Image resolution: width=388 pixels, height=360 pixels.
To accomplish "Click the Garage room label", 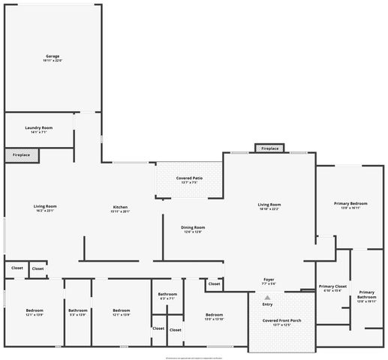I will click(52, 56).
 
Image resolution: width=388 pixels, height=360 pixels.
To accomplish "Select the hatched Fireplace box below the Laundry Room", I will click(21, 155).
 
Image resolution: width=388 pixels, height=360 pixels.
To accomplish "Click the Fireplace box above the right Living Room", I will click(269, 148).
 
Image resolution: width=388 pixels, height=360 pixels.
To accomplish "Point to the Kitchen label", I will click(120, 207).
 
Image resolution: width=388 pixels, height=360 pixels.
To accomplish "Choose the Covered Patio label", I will click(189, 178).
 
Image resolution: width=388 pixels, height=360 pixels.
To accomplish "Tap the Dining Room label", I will click(194, 227).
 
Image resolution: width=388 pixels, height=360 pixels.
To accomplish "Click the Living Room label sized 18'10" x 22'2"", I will click(269, 205).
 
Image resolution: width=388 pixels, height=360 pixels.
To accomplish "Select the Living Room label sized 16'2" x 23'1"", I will click(45, 206).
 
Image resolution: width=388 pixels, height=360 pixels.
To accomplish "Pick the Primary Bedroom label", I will click(350, 203).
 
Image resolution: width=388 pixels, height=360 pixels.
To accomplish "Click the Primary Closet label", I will click(332, 286).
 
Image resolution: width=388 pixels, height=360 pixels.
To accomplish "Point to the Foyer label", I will click(269, 279).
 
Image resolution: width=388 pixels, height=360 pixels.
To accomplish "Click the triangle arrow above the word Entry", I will click(267, 298).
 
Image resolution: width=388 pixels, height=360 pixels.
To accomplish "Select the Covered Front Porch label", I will click(281, 320).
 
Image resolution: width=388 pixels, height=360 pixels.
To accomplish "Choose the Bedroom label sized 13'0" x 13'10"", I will click(214, 315).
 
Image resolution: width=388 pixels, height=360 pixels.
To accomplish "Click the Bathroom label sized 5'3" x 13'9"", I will click(78, 310).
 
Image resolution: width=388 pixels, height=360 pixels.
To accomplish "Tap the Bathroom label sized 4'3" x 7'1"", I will click(167, 294).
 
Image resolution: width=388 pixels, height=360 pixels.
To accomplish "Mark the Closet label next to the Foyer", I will click(214, 284).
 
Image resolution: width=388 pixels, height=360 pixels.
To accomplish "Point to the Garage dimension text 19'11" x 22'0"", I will click(52, 61).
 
